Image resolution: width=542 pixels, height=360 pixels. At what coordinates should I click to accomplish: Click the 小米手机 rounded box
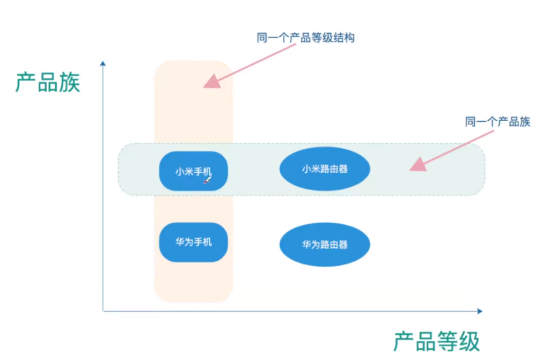click(x=193, y=171)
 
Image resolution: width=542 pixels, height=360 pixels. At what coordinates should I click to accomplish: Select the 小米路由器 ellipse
click(x=325, y=169)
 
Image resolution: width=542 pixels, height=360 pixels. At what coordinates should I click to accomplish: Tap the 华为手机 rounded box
click(x=193, y=242)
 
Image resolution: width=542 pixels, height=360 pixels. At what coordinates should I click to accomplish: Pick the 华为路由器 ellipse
click(x=325, y=245)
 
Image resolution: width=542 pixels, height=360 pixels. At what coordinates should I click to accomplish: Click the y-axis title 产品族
click(x=48, y=83)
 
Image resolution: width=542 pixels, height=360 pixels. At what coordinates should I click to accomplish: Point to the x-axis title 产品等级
click(x=436, y=342)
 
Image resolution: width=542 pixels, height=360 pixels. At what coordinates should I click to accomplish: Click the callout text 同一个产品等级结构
click(x=305, y=38)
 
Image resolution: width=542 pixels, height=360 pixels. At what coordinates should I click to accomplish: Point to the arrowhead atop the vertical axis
click(x=103, y=64)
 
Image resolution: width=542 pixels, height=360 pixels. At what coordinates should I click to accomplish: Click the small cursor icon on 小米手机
click(x=207, y=180)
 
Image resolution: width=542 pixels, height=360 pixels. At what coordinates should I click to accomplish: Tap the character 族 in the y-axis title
click(x=69, y=83)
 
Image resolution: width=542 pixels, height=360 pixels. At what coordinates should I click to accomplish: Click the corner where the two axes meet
click(x=103, y=311)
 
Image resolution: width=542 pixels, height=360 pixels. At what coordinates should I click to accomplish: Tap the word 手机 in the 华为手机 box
click(x=202, y=242)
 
